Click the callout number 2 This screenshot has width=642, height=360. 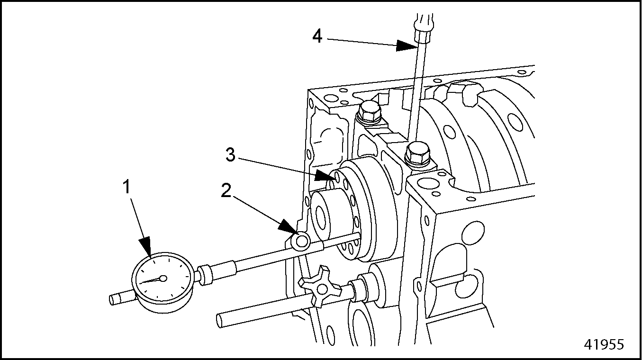pos(226,190)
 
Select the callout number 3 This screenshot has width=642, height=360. pos(230,155)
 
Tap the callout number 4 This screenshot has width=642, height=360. pos(317,36)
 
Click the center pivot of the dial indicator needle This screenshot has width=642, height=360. pos(163,279)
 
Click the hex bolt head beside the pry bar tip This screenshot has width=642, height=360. pos(418,154)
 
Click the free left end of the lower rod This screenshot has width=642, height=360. pos(222,320)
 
